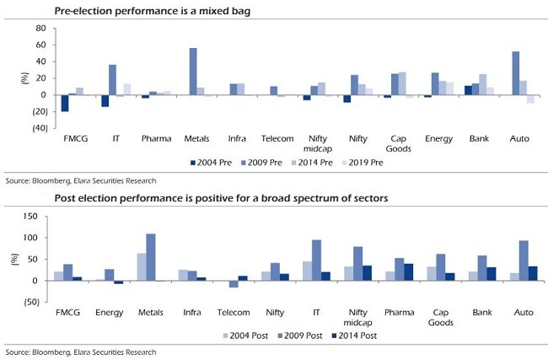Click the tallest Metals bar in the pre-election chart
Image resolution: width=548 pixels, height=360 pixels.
(193, 72)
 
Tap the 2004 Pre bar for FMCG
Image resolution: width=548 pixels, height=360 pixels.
(64, 102)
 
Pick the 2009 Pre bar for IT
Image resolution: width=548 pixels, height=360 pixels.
(112, 80)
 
